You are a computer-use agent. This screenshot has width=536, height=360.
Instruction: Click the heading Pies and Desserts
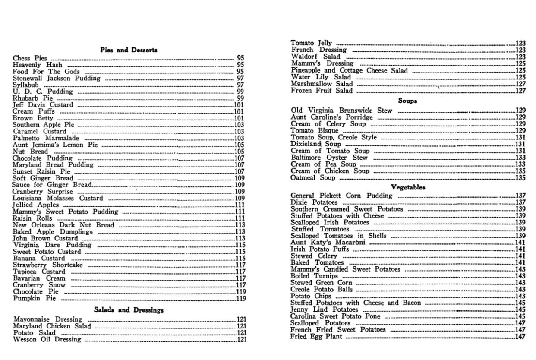pos(129,50)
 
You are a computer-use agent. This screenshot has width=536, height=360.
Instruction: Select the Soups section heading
pos(407,101)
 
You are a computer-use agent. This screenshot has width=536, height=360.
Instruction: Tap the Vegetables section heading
pos(408,187)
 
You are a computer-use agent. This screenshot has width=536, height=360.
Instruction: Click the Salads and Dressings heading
pos(129,310)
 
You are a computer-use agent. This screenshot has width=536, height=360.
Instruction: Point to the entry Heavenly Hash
pos(37,65)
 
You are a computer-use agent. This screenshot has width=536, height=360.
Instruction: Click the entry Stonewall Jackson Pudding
pos(56,79)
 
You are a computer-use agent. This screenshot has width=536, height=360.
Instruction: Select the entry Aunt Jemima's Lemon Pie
pos(55,145)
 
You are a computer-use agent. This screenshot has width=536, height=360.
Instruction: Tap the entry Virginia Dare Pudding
pos(52,245)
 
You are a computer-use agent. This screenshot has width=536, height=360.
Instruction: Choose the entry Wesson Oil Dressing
pos(47,340)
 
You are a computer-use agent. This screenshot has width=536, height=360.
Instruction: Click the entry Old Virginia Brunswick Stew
pos(341,111)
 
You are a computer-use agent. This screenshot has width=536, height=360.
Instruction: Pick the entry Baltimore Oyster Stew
pos(329,158)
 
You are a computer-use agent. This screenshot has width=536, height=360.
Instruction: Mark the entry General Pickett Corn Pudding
pos(341,196)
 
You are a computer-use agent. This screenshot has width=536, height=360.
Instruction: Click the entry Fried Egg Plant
pos(316,337)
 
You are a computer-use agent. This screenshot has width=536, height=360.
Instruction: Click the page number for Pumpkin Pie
pos(241,299)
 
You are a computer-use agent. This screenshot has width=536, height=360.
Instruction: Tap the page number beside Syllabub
pos(241,85)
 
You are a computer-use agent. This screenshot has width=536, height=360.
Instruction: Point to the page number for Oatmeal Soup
pos(520,178)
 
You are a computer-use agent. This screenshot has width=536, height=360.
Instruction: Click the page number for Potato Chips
pos(520,296)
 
